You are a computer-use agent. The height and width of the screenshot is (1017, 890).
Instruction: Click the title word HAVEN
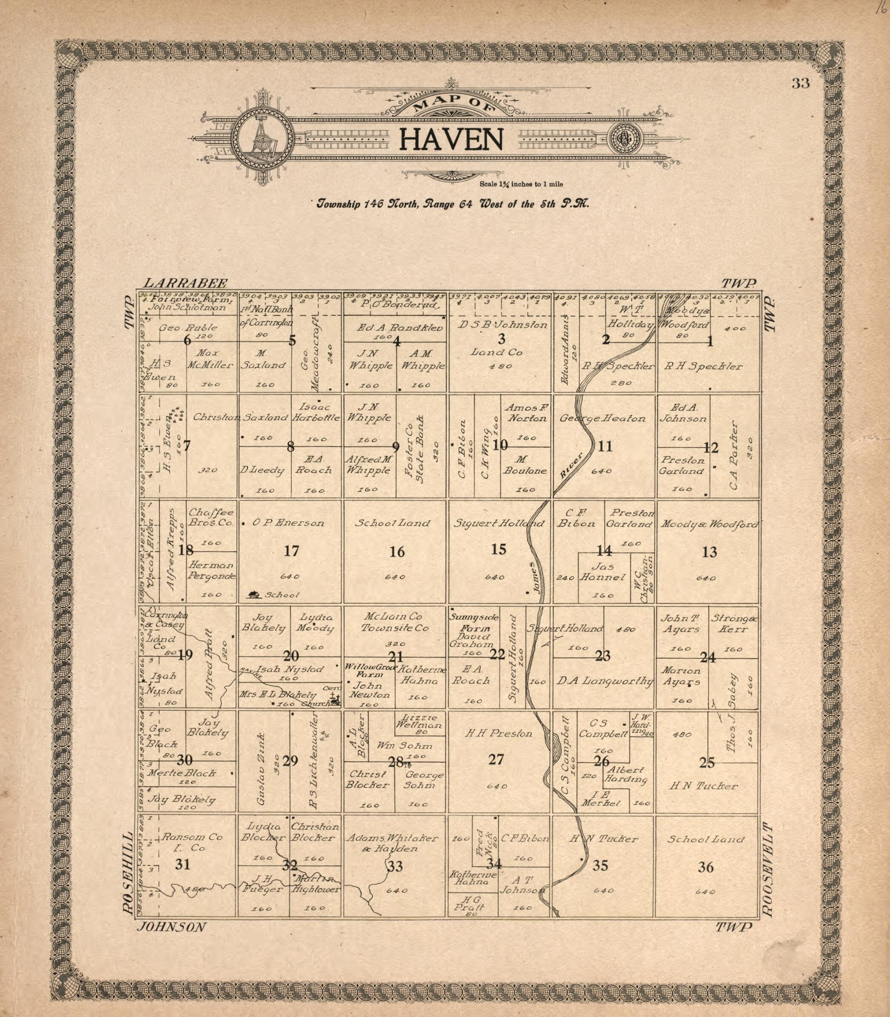pyautogui.click(x=451, y=140)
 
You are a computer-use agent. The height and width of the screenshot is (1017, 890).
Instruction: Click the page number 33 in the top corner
pyautogui.click(x=801, y=83)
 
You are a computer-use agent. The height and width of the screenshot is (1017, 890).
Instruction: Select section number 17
pyautogui.click(x=291, y=551)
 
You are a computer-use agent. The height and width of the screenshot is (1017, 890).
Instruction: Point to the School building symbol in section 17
pyautogui.click(x=254, y=594)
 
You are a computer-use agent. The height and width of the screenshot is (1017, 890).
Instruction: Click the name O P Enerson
pyautogui.click(x=288, y=523)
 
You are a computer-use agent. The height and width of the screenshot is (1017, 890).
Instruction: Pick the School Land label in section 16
pyautogui.click(x=392, y=523)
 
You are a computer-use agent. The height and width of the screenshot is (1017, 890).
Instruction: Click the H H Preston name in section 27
pyautogui.click(x=498, y=733)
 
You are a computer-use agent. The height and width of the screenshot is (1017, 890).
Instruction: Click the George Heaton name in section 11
pyautogui.click(x=602, y=418)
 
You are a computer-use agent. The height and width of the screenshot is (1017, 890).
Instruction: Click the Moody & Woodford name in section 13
pyautogui.click(x=709, y=524)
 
